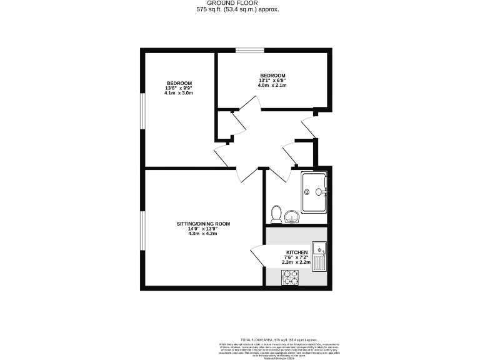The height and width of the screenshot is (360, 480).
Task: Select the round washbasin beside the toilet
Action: (291, 216)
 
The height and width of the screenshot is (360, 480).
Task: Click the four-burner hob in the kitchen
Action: (290, 277)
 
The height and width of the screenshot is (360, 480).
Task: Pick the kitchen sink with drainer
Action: (319, 256)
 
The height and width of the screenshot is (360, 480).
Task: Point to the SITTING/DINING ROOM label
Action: (203, 223)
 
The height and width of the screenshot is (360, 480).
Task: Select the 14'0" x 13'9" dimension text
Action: (203, 229)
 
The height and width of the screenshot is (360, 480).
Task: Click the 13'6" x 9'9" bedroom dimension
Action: (179, 88)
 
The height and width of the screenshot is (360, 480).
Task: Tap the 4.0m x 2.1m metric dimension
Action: (272, 85)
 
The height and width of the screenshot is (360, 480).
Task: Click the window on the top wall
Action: (249, 50)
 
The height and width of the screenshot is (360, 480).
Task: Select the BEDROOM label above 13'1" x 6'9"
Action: (272, 75)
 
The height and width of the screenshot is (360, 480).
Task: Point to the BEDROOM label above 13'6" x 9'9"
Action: (179, 83)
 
